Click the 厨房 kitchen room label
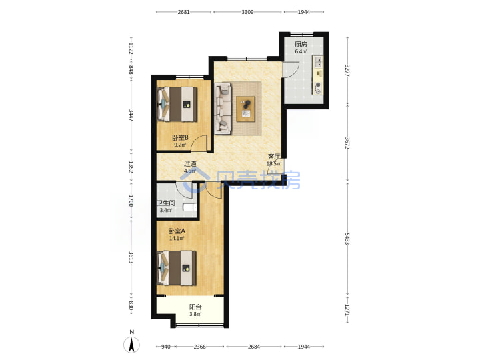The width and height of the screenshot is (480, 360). (301, 45)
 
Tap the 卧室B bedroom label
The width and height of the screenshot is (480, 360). (180, 138)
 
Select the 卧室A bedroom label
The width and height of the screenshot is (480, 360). (177, 231)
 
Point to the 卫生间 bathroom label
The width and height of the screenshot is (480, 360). (165, 203)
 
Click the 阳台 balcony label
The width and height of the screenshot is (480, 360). (195, 307)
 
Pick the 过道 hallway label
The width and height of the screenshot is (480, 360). (190, 164)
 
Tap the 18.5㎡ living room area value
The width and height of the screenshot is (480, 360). (274, 164)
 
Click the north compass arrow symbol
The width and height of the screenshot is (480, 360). (131, 345)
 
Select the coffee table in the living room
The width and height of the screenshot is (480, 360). (245, 109)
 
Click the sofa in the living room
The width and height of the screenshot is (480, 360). (223, 109)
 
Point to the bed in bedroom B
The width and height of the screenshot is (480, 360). (177, 105)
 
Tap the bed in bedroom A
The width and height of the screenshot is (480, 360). (177, 268)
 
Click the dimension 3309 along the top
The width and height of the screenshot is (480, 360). (247, 12)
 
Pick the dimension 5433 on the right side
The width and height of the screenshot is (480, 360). (347, 239)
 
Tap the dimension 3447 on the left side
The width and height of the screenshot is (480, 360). (131, 115)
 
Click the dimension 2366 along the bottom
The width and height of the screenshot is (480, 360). (199, 347)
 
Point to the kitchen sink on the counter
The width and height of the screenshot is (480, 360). (319, 61)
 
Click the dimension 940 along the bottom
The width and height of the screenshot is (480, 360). (165, 347)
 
